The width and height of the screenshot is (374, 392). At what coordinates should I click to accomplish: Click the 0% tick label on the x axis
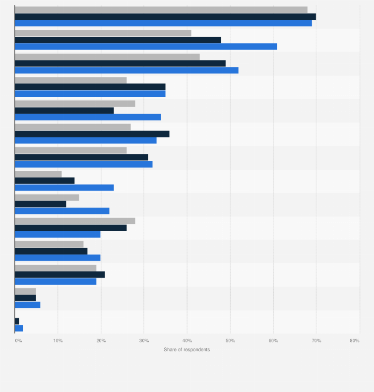(x=18, y=340)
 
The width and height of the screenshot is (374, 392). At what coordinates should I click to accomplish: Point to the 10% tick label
(x=58, y=340)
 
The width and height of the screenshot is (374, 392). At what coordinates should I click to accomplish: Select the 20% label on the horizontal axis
(x=101, y=340)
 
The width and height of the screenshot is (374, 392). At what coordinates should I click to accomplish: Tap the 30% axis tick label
(x=144, y=340)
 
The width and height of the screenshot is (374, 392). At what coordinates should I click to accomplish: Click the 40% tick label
(x=187, y=340)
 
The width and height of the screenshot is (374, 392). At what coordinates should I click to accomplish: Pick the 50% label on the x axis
(x=230, y=340)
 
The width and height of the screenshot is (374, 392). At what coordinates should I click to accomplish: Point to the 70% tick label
(x=316, y=340)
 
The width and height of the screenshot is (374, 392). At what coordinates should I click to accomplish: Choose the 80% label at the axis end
(x=354, y=340)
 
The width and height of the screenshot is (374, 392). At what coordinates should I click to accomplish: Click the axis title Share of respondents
(x=187, y=350)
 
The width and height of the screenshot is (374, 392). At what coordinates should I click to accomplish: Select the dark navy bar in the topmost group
(x=165, y=16)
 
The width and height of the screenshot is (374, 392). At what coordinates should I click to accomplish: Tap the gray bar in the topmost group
(x=161, y=10)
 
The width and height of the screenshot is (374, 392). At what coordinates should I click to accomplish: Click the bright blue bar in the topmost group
(x=163, y=23)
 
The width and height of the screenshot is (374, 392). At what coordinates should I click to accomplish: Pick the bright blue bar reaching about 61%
(x=146, y=46)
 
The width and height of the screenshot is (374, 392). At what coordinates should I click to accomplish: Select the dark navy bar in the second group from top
(x=118, y=40)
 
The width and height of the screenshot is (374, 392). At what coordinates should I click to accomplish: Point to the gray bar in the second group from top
(x=103, y=33)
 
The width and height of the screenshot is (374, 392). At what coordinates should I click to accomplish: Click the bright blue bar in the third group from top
(x=126, y=70)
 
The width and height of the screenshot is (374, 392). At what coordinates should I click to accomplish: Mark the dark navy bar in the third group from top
(x=120, y=64)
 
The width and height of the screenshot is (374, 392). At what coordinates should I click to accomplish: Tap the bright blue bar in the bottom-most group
(x=19, y=328)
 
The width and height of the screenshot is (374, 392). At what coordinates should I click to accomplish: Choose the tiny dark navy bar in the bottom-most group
(x=17, y=322)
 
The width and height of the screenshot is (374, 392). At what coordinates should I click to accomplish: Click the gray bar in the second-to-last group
(x=25, y=291)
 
